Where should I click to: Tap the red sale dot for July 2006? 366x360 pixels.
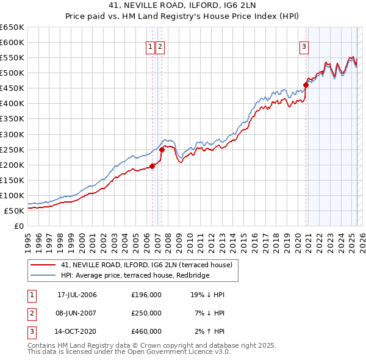[x=152, y=166]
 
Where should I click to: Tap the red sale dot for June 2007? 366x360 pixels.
[x=162, y=149]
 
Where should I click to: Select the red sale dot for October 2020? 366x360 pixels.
[x=306, y=85]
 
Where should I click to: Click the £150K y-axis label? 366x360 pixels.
[x=12, y=181]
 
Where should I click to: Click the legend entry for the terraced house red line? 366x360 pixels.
[x=146, y=265]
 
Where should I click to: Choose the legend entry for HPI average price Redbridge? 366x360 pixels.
[x=135, y=276]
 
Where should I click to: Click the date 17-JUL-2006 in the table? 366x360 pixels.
[x=77, y=295]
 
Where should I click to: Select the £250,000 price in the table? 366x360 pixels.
[x=146, y=314]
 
